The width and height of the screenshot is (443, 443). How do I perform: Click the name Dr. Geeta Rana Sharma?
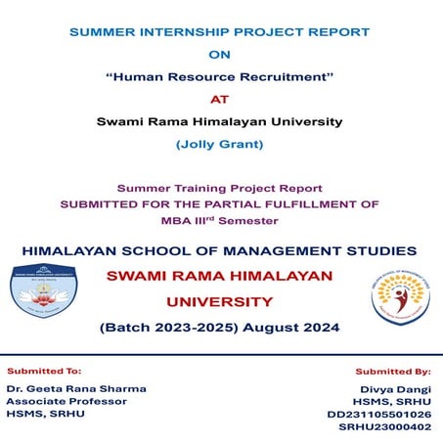(75, 388)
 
